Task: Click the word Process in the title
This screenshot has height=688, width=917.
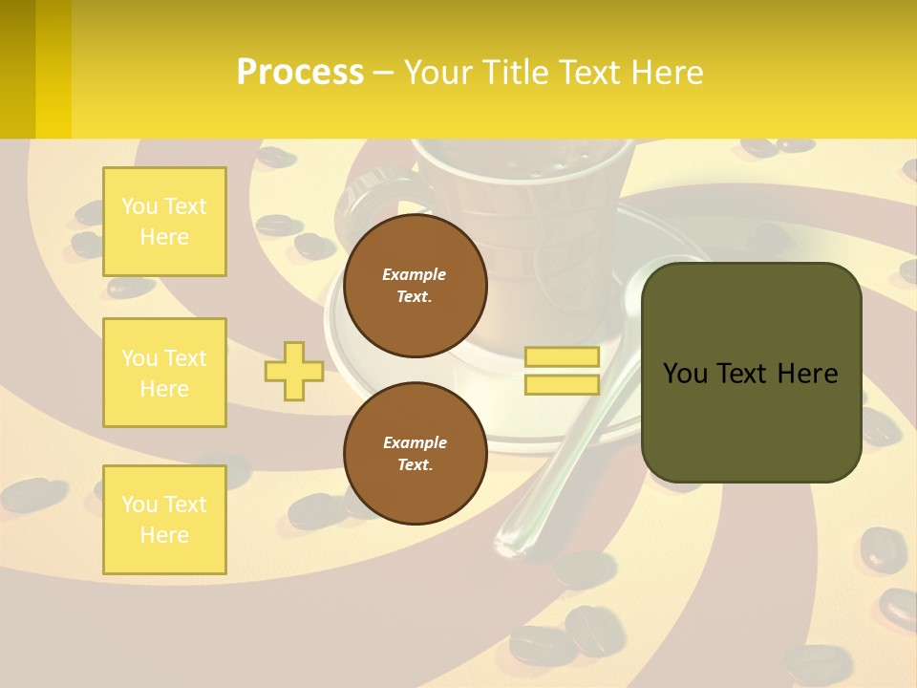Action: [x=300, y=73]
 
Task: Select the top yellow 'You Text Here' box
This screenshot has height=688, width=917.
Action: [x=164, y=222]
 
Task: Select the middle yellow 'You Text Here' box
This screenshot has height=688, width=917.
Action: [x=164, y=373]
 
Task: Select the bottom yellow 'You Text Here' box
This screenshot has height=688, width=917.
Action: [x=164, y=519]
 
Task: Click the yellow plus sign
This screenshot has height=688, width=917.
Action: [x=293, y=371]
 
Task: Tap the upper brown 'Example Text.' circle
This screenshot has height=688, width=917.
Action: [x=415, y=286]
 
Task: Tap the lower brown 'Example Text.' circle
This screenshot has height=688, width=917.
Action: [x=415, y=453]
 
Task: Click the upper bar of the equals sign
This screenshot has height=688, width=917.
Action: [x=562, y=356]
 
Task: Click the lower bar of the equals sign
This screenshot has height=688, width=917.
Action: [x=562, y=384]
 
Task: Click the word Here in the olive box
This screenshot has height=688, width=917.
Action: [x=807, y=374]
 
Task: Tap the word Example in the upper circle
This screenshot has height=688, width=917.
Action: [x=415, y=274]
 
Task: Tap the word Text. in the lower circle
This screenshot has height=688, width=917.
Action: [x=415, y=465]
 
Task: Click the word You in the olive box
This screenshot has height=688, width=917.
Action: [x=685, y=374]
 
